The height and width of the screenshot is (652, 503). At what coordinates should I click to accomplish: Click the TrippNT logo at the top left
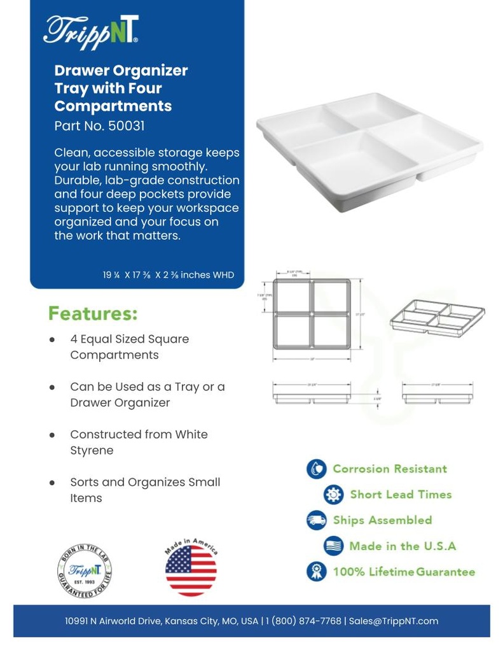(91, 31)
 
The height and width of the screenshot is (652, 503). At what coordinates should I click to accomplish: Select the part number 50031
(126, 126)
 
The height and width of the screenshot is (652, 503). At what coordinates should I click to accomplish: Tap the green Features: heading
(93, 314)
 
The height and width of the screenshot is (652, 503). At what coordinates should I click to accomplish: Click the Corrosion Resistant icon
(316, 469)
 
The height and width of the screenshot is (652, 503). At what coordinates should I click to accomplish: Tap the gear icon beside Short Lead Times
(333, 495)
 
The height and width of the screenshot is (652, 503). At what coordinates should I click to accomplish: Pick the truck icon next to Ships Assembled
(316, 520)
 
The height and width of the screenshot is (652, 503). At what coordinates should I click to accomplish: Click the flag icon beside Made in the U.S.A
(333, 546)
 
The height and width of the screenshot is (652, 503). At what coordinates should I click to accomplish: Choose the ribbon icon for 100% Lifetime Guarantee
(316, 571)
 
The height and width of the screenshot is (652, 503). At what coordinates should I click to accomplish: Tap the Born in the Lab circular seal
(81, 570)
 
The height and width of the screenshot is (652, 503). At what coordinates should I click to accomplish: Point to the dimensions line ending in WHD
(169, 275)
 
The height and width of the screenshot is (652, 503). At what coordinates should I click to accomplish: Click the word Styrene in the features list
(92, 450)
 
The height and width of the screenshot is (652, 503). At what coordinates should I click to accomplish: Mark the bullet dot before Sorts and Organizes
(53, 483)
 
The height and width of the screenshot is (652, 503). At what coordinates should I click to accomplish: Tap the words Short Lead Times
(401, 495)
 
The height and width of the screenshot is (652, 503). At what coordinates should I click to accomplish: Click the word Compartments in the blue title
(113, 106)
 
